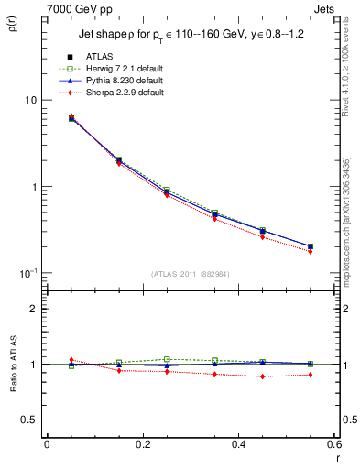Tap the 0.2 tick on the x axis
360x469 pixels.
tap(142, 444)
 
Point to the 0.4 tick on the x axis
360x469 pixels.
tap(238, 444)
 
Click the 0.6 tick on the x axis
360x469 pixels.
tap(333, 444)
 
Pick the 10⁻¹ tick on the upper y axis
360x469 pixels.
tap(27, 273)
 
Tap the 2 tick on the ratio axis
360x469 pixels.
tap(34, 309)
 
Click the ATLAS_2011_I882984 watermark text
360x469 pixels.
tap(190, 273)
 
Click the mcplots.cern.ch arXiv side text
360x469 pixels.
tap(351, 229)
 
